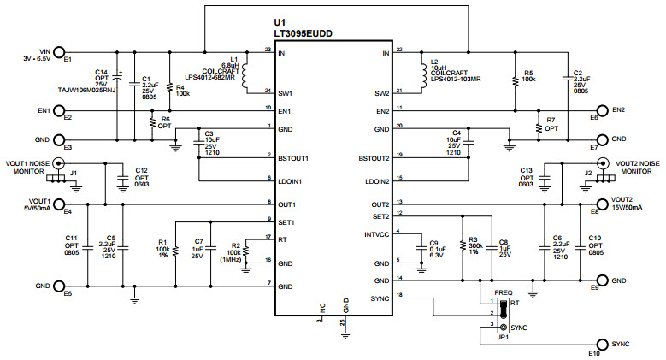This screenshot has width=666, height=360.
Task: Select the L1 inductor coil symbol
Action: point(245,75)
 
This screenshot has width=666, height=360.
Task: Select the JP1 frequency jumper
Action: point(504,315)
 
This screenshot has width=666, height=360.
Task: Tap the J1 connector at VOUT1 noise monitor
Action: point(60,162)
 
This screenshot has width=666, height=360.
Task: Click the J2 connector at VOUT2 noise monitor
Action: point(604,162)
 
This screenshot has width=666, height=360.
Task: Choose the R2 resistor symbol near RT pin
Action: point(245,250)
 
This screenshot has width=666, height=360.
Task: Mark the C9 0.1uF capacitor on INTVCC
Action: point(420,249)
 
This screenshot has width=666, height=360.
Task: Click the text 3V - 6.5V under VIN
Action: point(36,58)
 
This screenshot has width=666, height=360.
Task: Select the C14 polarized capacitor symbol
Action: point(118,82)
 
